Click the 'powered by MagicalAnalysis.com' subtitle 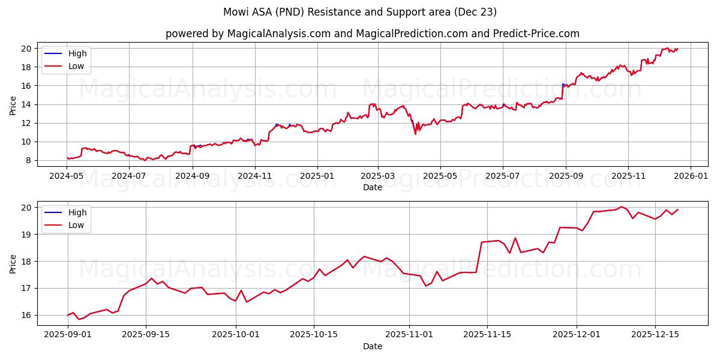[x=373, y=34]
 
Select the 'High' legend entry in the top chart [x=77, y=53]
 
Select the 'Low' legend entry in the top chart [x=76, y=66]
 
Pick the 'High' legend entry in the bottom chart [x=77, y=212]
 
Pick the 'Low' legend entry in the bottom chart [x=76, y=225]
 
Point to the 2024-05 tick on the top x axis [x=67, y=176]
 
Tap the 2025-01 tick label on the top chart [x=317, y=176]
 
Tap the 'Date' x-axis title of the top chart [x=373, y=187]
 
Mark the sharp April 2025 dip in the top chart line [x=415, y=134]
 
